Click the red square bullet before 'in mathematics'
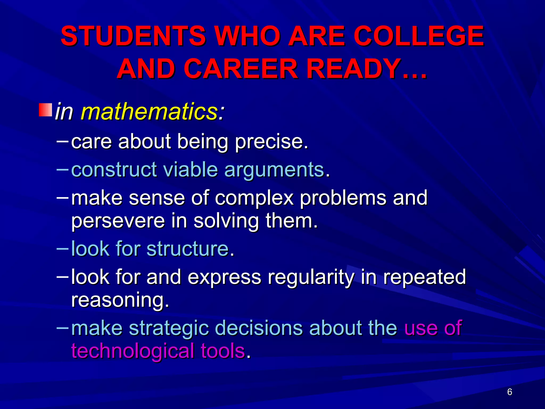tap(46, 110)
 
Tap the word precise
tap(271, 142)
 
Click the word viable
tap(191, 170)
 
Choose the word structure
tap(188, 249)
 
